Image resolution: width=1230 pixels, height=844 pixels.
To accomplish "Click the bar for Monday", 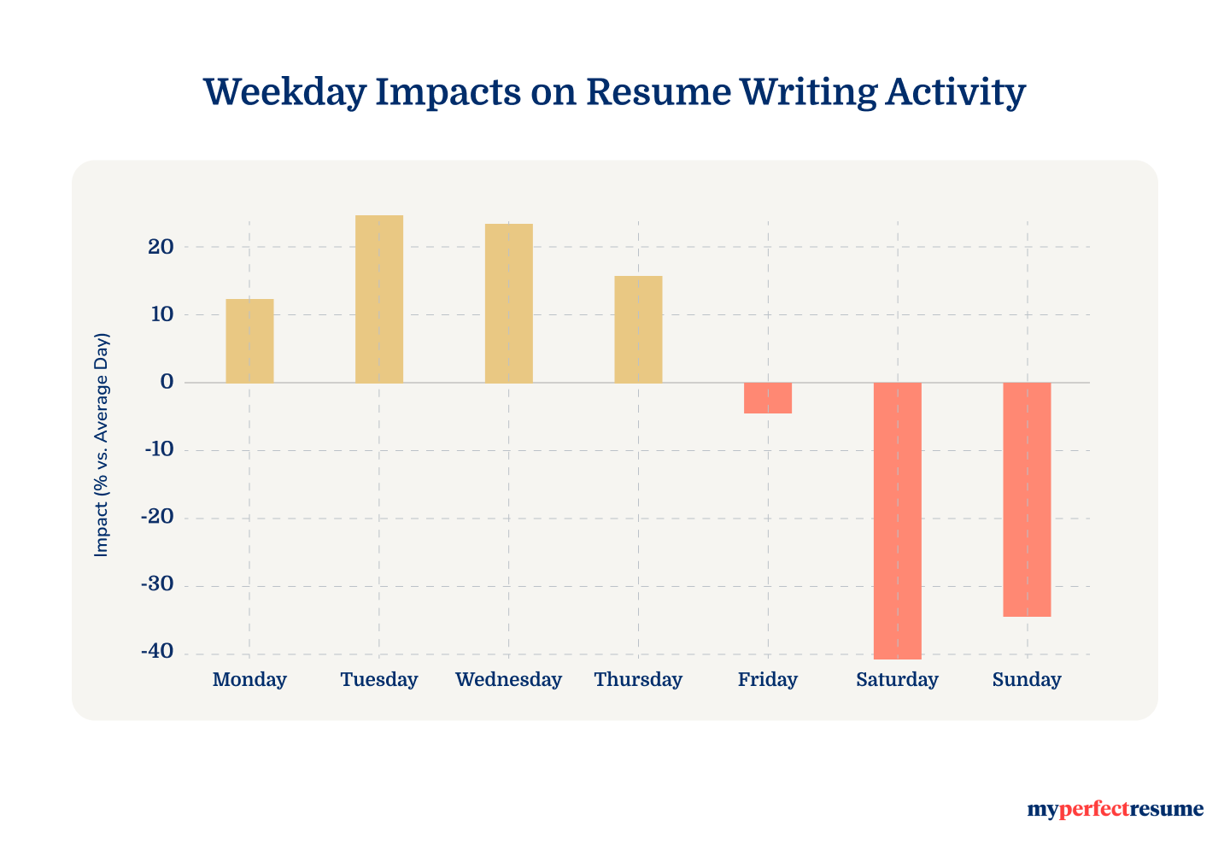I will click(x=249, y=341).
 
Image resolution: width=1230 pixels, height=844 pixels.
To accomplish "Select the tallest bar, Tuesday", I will click(x=379, y=299).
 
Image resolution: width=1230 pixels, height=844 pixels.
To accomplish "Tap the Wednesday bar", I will click(x=509, y=303).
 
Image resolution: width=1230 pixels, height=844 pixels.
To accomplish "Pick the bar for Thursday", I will click(x=638, y=329).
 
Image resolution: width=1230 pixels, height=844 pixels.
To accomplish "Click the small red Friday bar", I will click(x=768, y=398).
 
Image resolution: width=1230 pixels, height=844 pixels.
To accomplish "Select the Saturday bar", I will click(x=898, y=520).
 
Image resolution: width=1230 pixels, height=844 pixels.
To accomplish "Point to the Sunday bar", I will click(x=1027, y=499).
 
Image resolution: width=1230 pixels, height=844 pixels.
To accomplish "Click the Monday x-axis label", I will click(x=249, y=680).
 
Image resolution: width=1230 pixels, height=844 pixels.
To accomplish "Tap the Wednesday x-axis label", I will click(x=509, y=680).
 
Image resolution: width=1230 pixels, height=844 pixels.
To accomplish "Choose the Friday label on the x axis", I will click(x=768, y=680).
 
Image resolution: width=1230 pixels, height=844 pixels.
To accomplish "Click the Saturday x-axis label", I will click(x=898, y=680).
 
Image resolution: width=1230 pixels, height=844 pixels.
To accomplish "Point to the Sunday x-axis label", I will click(x=1027, y=680).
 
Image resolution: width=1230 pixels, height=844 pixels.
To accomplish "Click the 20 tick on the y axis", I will click(x=160, y=247).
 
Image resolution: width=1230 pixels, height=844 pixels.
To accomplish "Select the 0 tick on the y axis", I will click(x=167, y=382).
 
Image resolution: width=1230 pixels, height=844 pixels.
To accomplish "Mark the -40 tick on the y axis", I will click(x=156, y=653).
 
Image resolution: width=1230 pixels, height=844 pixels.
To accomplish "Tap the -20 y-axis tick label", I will click(x=156, y=518).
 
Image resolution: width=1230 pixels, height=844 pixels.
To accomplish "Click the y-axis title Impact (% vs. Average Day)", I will click(x=102, y=444).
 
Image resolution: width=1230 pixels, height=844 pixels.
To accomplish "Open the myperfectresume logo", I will click(x=1115, y=809).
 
